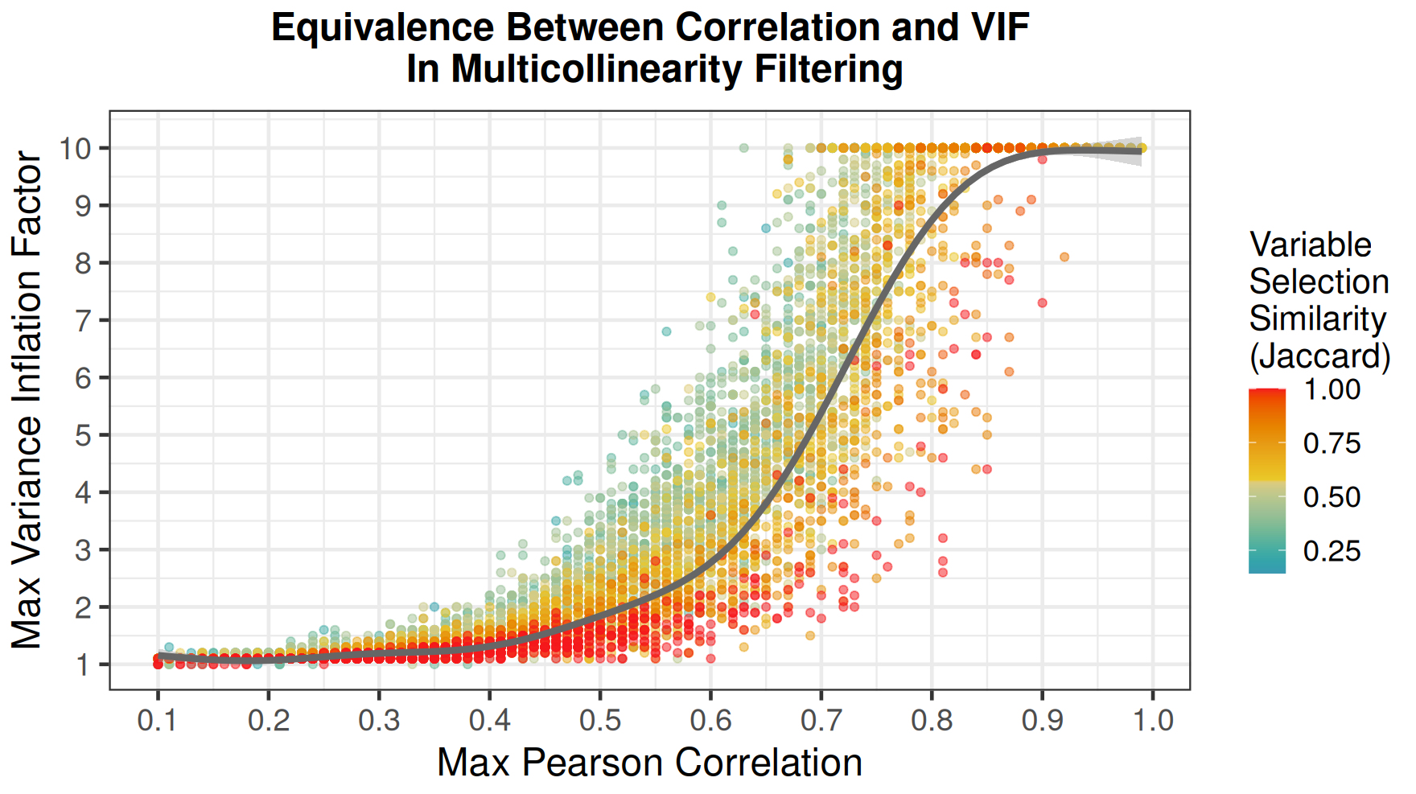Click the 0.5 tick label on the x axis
click(600, 720)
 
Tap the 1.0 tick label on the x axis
click(1154, 720)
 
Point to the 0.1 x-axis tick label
click(158, 720)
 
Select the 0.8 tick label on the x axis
click(932, 720)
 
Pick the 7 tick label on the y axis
click(83, 321)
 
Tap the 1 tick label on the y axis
click(83, 665)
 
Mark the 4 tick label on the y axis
click(83, 493)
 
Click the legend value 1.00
click(1332, 389)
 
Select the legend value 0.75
click(1332, 443)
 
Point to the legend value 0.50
click(1332, 497)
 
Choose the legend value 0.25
click(1332, 551)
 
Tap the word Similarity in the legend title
click(1317, 319)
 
